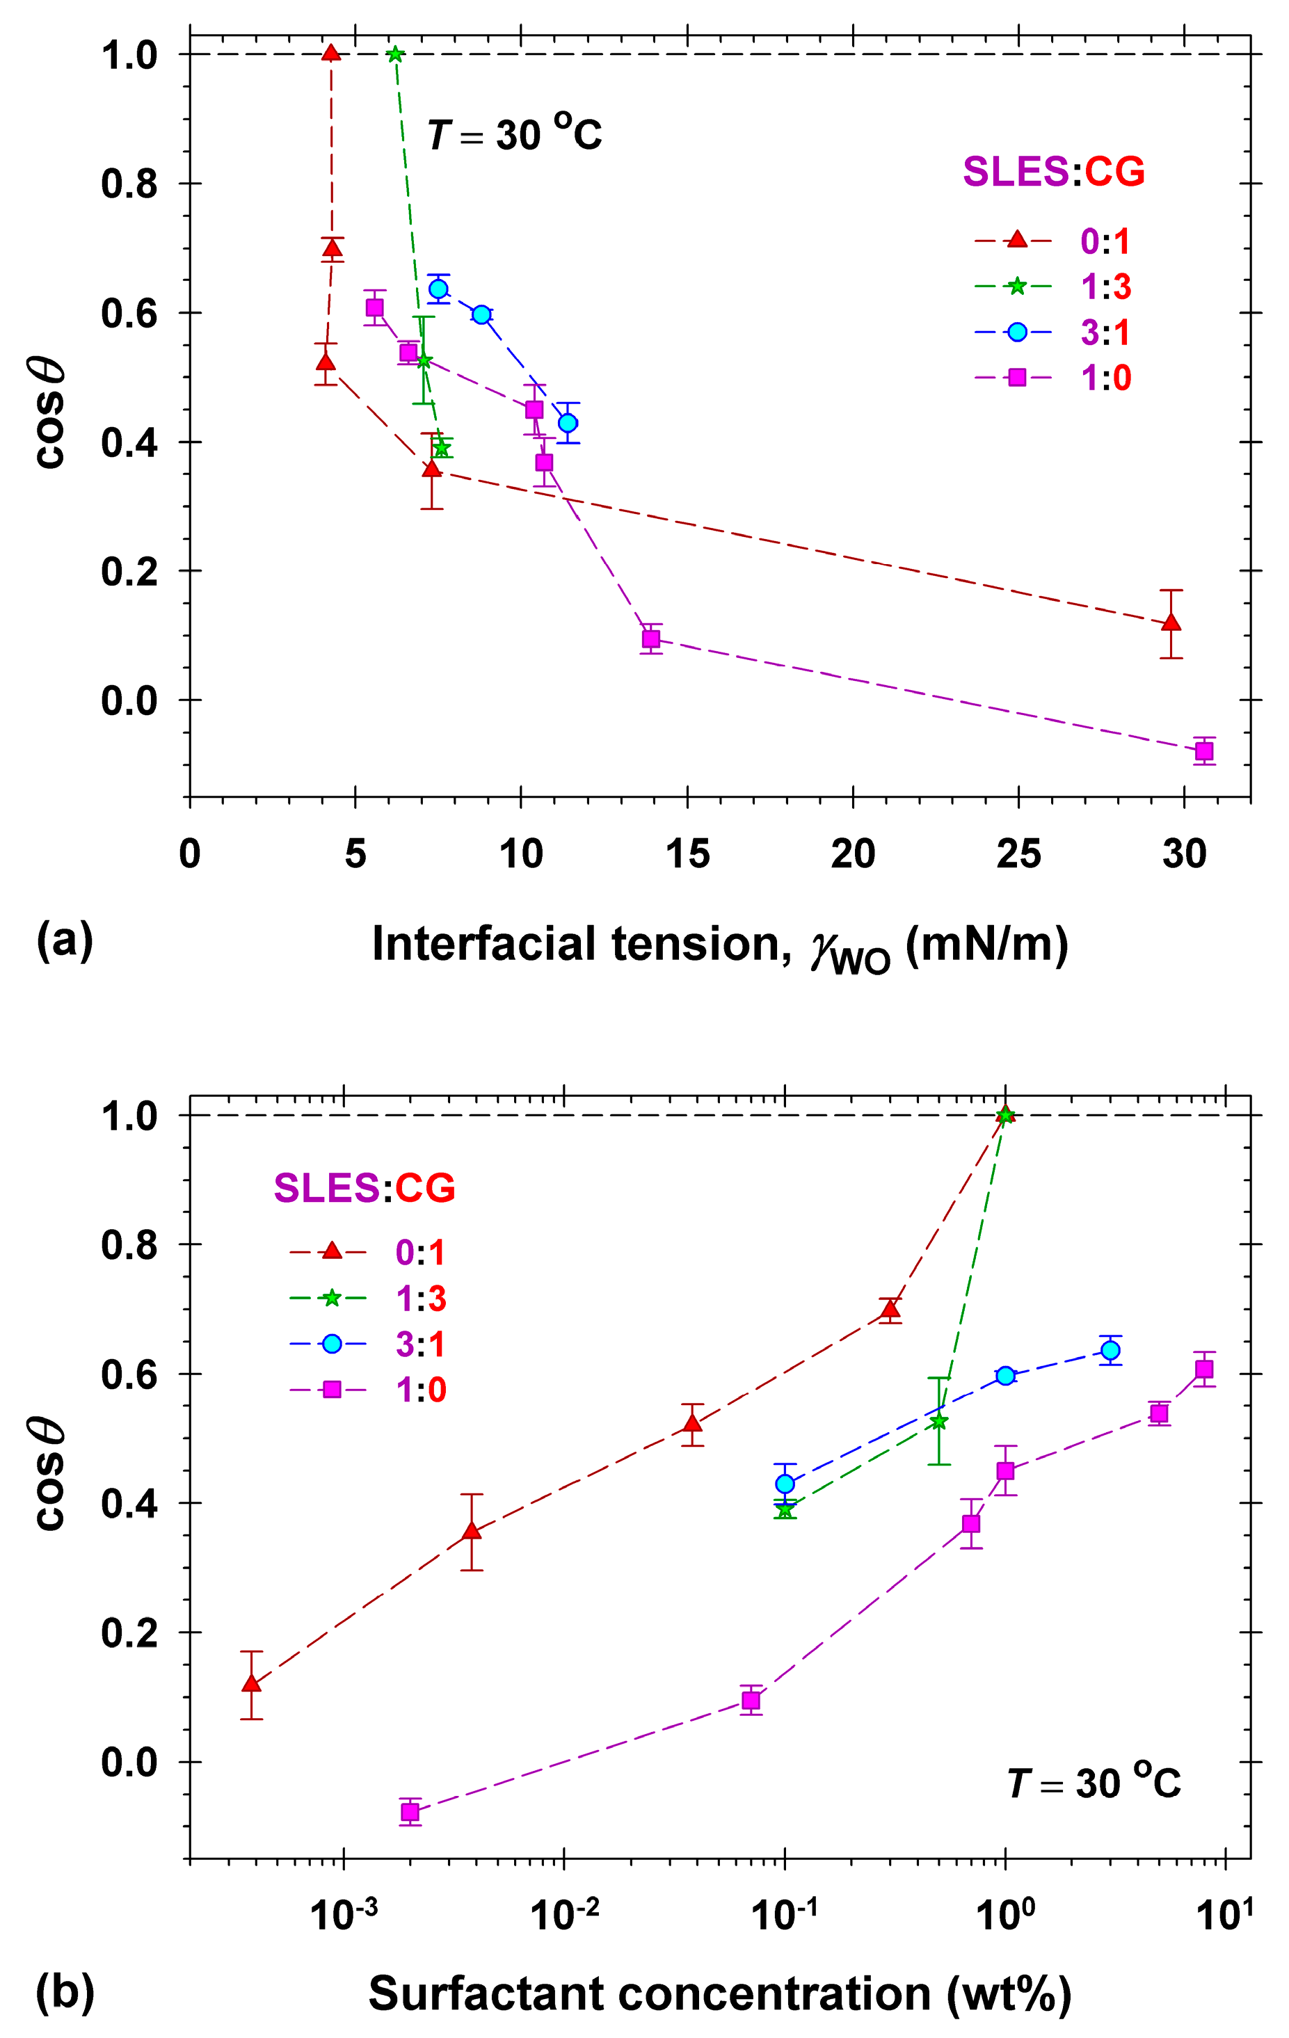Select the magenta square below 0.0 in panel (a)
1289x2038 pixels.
pyautogui.click(x=1203, y=751)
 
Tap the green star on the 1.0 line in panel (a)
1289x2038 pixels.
pyautogui.click(x=395, y=54)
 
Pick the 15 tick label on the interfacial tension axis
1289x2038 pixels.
pyautogui.click(x=687, y=854)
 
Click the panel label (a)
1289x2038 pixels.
pyautogui.click(x=64, y=940)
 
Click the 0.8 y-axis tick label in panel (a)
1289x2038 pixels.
pyautogui.click(x=129, y=184)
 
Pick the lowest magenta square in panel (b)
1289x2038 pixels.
pyautogui.click(x=410, y=1811)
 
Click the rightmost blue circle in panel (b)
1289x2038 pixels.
pyautogui.click(x=1110, y=1350)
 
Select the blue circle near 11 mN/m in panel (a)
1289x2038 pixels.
pyautogui.click(x=568, y=422)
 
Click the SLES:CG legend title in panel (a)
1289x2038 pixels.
pyautogui.click(x=1054, y=172)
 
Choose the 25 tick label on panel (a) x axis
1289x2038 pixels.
pyautogui.click(x=1018, y=854)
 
